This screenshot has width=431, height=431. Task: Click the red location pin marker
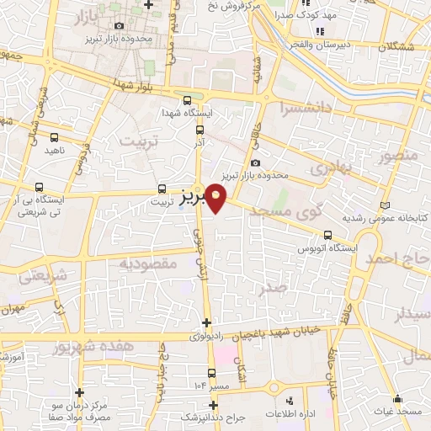[217, 196]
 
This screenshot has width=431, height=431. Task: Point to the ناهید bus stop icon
[55, 137]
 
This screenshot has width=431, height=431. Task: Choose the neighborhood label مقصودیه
[147, 263]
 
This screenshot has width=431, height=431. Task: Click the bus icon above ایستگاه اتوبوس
[327, 236]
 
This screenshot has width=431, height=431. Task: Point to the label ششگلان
[396, 46]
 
